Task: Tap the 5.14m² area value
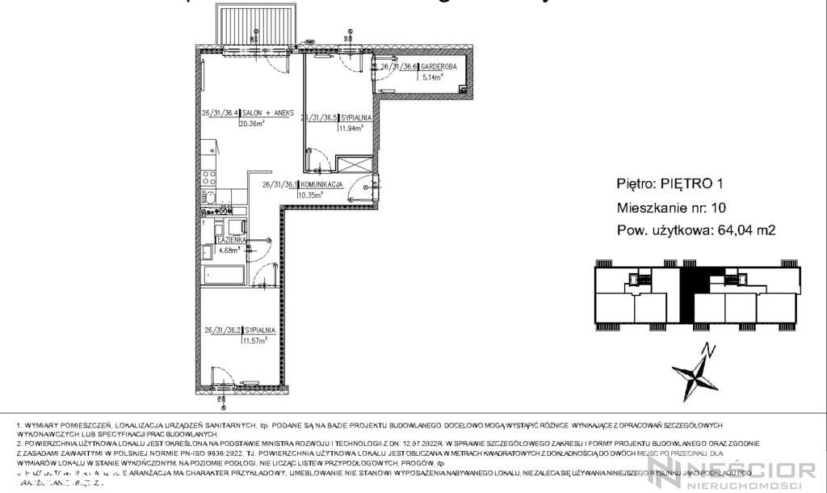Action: click(433, 78)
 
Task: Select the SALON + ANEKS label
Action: click(260, 114)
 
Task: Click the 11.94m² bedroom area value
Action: click(351, 127)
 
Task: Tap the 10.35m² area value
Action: click(310, 195)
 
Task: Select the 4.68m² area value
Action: click(230, 250)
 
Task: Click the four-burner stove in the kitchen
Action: click(208, 175)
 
